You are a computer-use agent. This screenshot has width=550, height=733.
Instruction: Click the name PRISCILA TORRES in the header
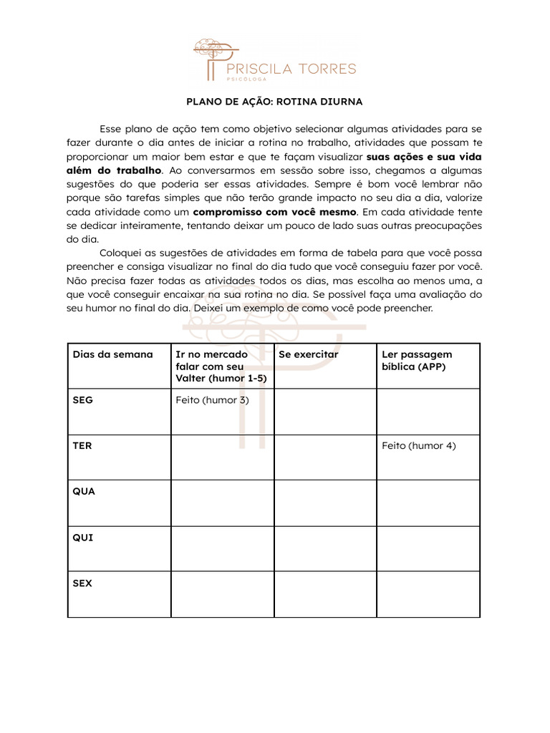point(290,69)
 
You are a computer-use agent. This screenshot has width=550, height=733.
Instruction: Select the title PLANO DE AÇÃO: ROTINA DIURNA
point(275,102)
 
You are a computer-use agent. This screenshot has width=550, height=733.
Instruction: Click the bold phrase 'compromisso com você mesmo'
point(275,212)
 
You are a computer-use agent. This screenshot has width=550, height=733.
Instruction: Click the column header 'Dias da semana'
point(112,354)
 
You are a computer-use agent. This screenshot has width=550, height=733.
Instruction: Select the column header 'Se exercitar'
point(308,354)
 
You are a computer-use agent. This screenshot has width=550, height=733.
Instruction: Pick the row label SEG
point(83,400)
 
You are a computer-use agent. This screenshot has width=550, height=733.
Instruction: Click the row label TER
point(82,446)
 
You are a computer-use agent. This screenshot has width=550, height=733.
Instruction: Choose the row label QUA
point(84,492)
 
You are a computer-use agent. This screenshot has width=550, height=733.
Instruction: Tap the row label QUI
point(83,538)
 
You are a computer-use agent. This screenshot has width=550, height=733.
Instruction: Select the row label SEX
point(82,583)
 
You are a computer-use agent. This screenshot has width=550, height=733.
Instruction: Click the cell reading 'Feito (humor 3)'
point(212,400)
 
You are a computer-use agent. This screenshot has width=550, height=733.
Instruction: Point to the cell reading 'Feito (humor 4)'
point(418,446)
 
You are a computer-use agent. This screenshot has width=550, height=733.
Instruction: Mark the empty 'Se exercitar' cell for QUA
point(325,503)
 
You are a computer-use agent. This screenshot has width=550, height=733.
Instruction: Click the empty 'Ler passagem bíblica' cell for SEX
point(428,594)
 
